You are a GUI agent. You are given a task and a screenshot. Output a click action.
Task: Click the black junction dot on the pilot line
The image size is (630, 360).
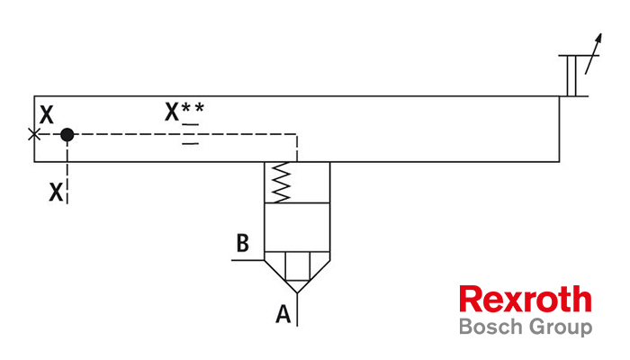[67, 135]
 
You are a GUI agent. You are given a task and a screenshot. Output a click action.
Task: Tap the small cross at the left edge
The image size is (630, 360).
[34, 134]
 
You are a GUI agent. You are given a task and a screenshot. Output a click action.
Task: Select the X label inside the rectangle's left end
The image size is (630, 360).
[46, 115]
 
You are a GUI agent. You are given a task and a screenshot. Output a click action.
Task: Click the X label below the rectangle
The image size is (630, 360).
[56, 193]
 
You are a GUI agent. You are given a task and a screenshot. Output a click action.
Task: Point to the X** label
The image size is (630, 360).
[184, 112]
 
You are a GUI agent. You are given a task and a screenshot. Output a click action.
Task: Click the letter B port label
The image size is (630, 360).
[243, 243]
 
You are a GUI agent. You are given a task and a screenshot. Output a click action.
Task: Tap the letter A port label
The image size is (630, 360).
[283, 314]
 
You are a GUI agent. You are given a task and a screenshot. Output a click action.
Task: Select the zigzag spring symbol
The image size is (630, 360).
[281, 182]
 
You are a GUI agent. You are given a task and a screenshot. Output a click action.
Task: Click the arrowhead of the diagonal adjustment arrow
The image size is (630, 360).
[598, 39]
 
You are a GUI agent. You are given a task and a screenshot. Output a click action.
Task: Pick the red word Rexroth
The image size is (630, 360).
[525, 299]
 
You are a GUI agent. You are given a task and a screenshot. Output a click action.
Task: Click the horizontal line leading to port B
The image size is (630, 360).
[247, 260]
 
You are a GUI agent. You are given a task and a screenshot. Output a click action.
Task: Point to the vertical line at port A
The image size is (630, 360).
[297, 310]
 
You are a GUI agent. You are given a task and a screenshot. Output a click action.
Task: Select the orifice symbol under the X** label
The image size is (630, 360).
[191, 134]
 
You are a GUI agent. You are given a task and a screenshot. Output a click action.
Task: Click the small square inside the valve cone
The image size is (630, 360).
[297, 266]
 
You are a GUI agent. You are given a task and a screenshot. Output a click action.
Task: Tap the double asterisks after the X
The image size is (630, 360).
[193, 108]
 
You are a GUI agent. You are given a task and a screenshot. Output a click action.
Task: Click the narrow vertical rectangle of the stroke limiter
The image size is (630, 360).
[571, 76]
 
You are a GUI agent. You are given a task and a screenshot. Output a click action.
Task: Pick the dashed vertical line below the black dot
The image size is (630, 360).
[67, 173]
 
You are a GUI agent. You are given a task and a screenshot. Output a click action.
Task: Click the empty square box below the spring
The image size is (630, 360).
[297, 228]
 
